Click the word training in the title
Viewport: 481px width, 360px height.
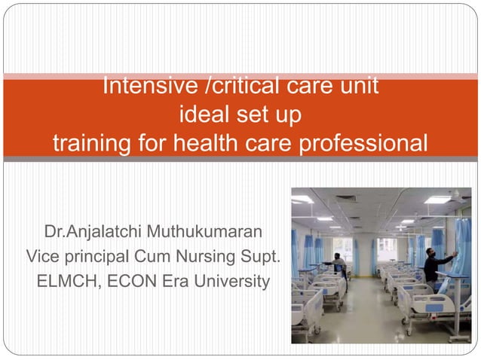click(x=93, y=142)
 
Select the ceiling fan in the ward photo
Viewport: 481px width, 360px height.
click(x=454, y=194)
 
